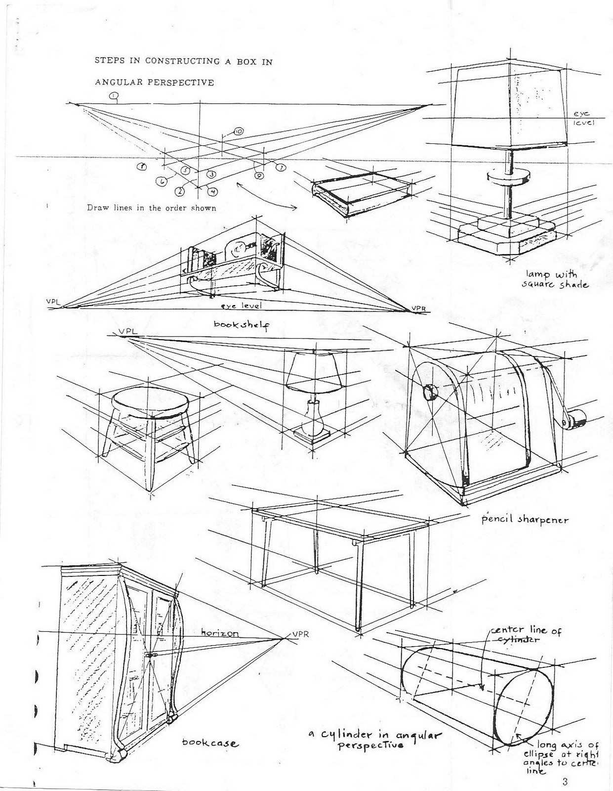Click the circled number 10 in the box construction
(x=238, y=132)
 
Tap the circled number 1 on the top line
(x=115, y=95)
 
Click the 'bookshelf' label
(x=241, y=324)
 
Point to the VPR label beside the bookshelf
(x=418, y=309)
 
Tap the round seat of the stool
(x=151, y=401)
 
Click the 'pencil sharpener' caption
(x=525, y=520)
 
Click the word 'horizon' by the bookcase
(x=220, y=633)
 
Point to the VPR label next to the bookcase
(x=300, y=634)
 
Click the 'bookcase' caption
(x=210, y=743)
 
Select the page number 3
(x=565, y=782)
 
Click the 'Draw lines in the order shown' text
(x=152, y=208)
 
